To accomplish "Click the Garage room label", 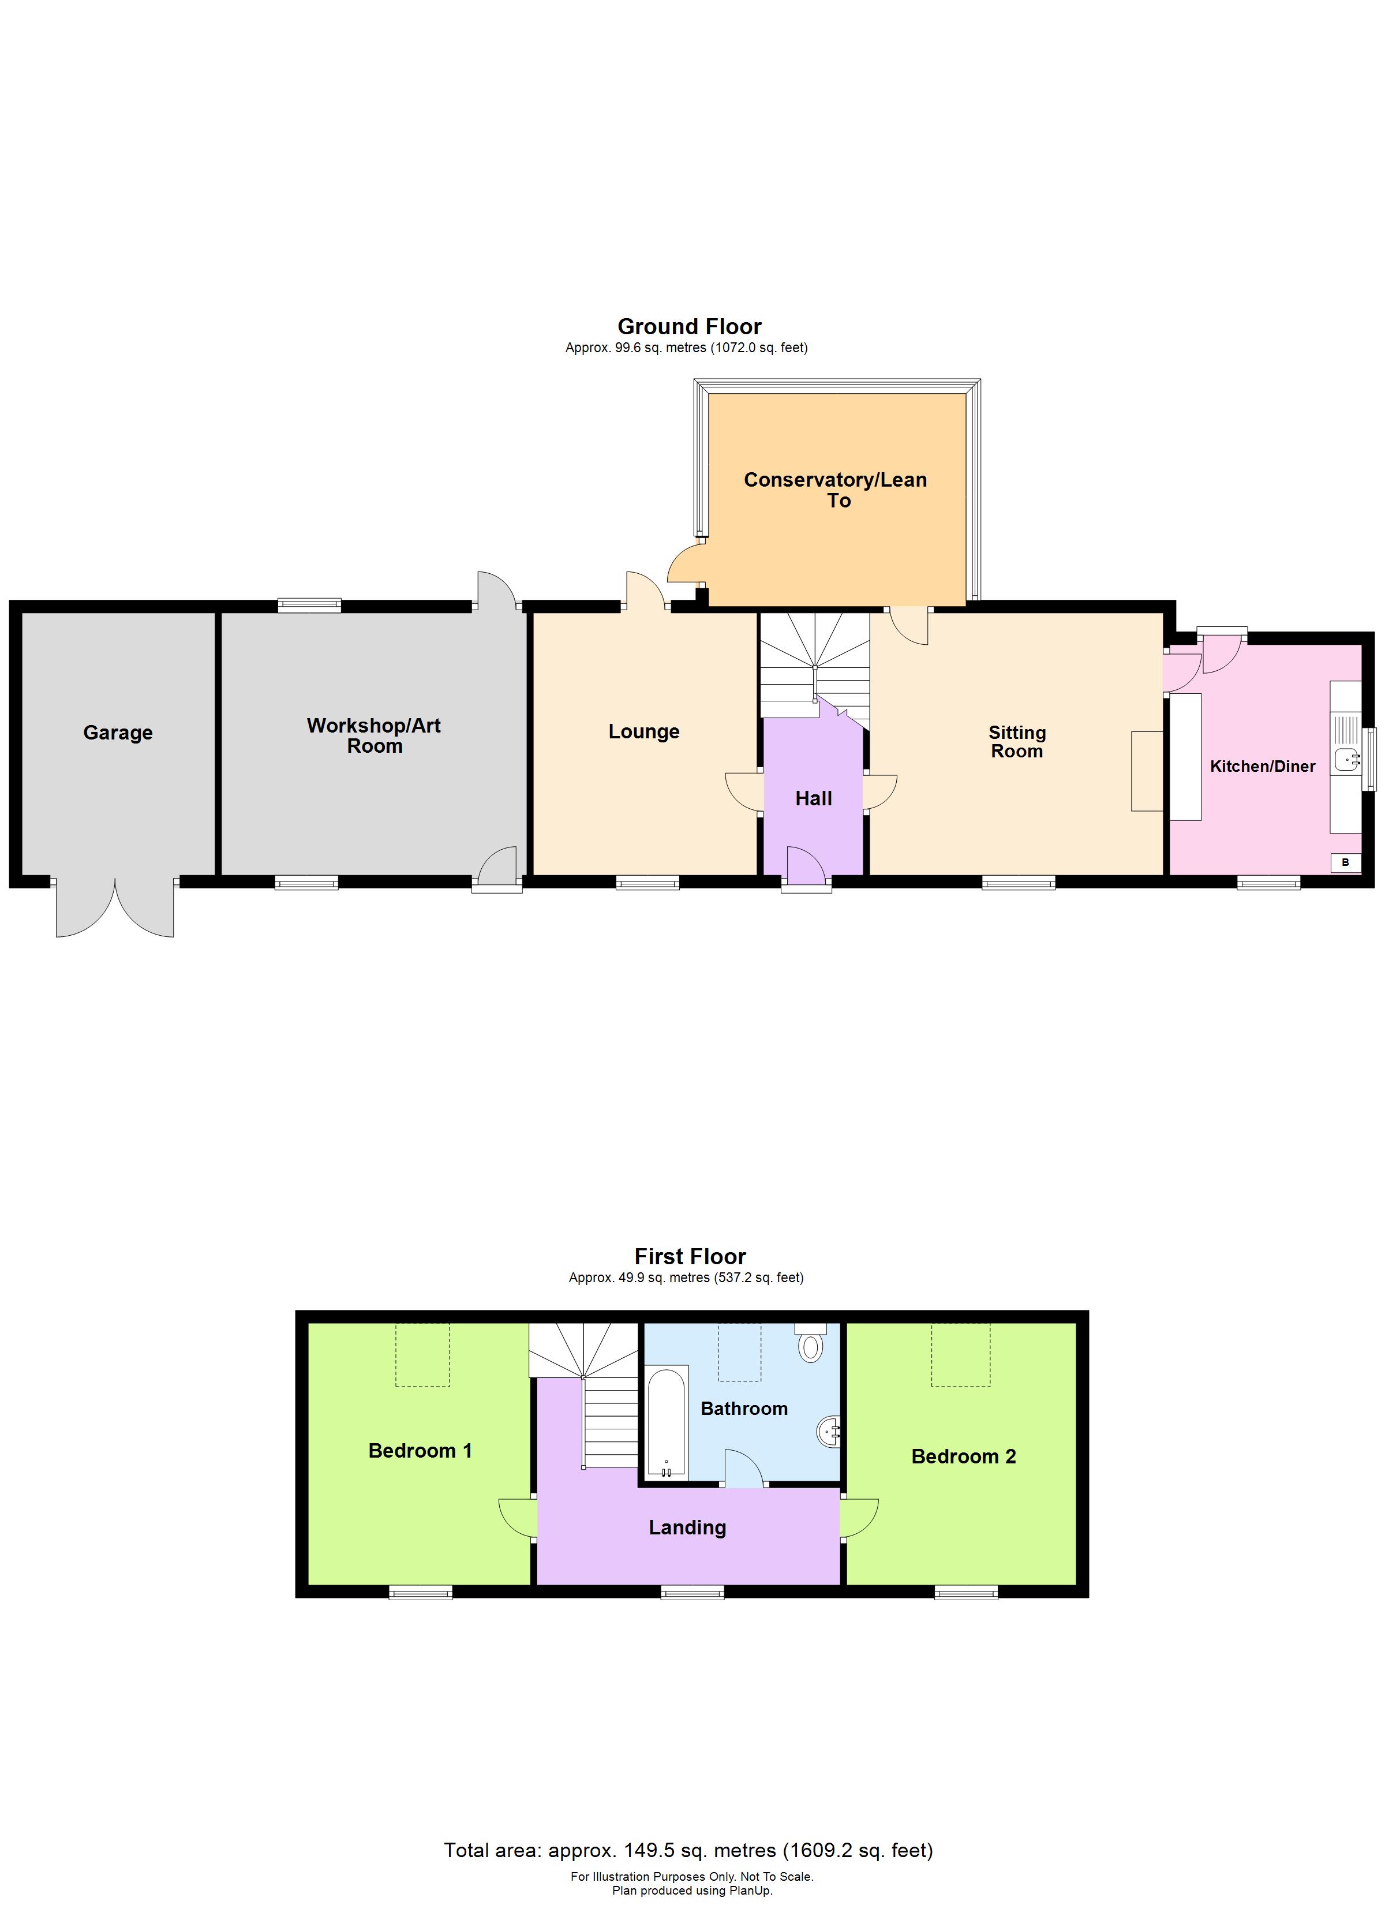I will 118,733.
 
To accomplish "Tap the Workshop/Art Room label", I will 374,736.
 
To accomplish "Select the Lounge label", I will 644,731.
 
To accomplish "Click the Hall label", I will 813,799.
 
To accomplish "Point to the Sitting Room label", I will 1017,742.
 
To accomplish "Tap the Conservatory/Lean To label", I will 836,490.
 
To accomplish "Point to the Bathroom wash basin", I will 828,1431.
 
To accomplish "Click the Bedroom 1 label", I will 420,1451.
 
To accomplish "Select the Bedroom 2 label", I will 963,1456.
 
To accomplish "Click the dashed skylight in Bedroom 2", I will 961,1355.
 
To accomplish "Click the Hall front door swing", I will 804,865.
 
